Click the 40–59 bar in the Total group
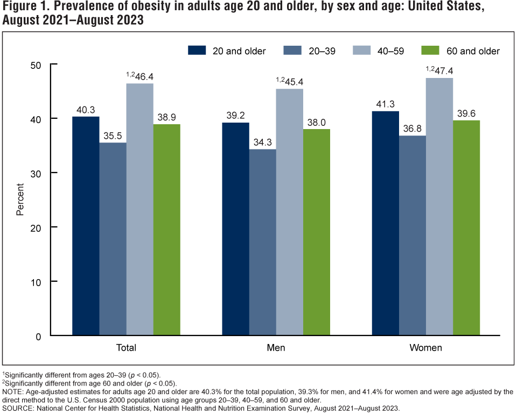point(139,210)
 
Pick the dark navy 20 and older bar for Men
point(235,229)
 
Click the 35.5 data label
point(113,135)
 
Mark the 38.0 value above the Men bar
point(317,122)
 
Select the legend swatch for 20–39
point(291,51)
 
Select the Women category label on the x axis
point(425,348)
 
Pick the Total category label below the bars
point(126,348)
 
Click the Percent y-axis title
point(20,200)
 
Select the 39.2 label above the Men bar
point(236,115)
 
